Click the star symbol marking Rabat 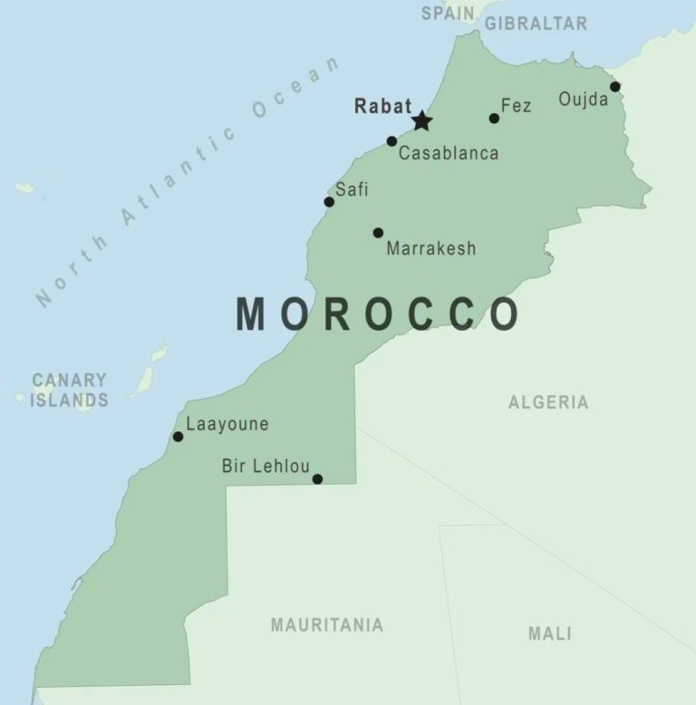pos(421,121)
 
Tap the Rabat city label pos(382,105)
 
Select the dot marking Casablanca pos(391,141)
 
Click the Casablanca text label pos(449,153)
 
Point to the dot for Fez pos(494,119)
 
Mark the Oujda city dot pos(614,87)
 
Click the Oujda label pos(583,99)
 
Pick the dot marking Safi pos(329,201)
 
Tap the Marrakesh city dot pos(378,233)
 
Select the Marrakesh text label pos(430,248)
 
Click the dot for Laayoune pos(178,437)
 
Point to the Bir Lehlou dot pos(317,479)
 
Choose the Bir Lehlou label pos(266,467)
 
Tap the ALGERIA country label pos(547,402)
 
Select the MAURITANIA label pos(326,624)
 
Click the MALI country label pos(549,633)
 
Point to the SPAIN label pos(448,13)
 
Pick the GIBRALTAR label pos(536,24)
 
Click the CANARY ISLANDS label pos(69,390)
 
